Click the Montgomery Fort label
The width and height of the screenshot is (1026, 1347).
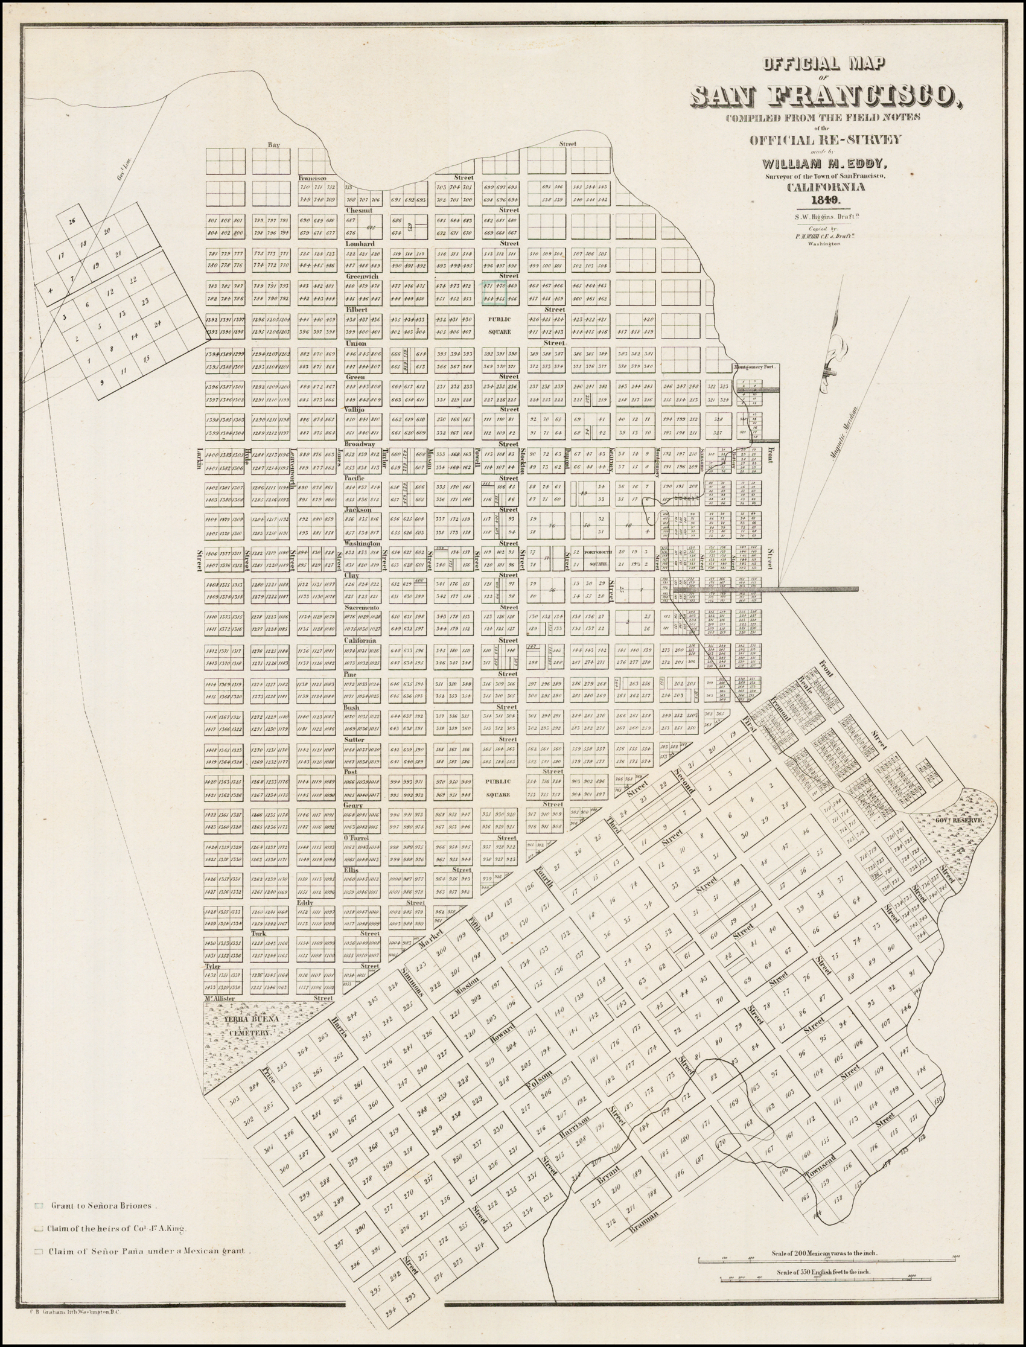click(756, 368)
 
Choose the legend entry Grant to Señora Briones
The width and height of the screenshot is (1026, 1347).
click(104, 1206)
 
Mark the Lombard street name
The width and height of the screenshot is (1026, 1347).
click(355, 244)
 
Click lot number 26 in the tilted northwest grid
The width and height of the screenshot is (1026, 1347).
click(72, 221)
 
